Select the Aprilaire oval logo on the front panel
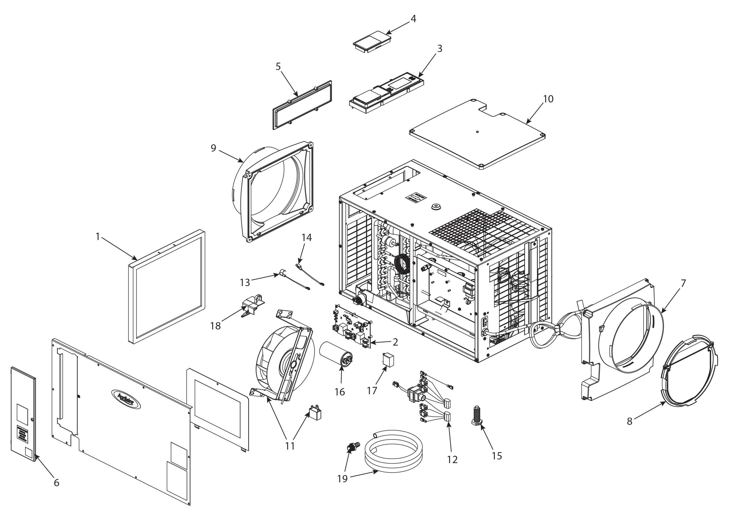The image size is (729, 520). [126, 399]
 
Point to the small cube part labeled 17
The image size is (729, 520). [388, 359]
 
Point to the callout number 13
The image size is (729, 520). [245, 282]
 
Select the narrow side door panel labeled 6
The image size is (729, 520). [23, 415]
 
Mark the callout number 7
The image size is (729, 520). [683, 284]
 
